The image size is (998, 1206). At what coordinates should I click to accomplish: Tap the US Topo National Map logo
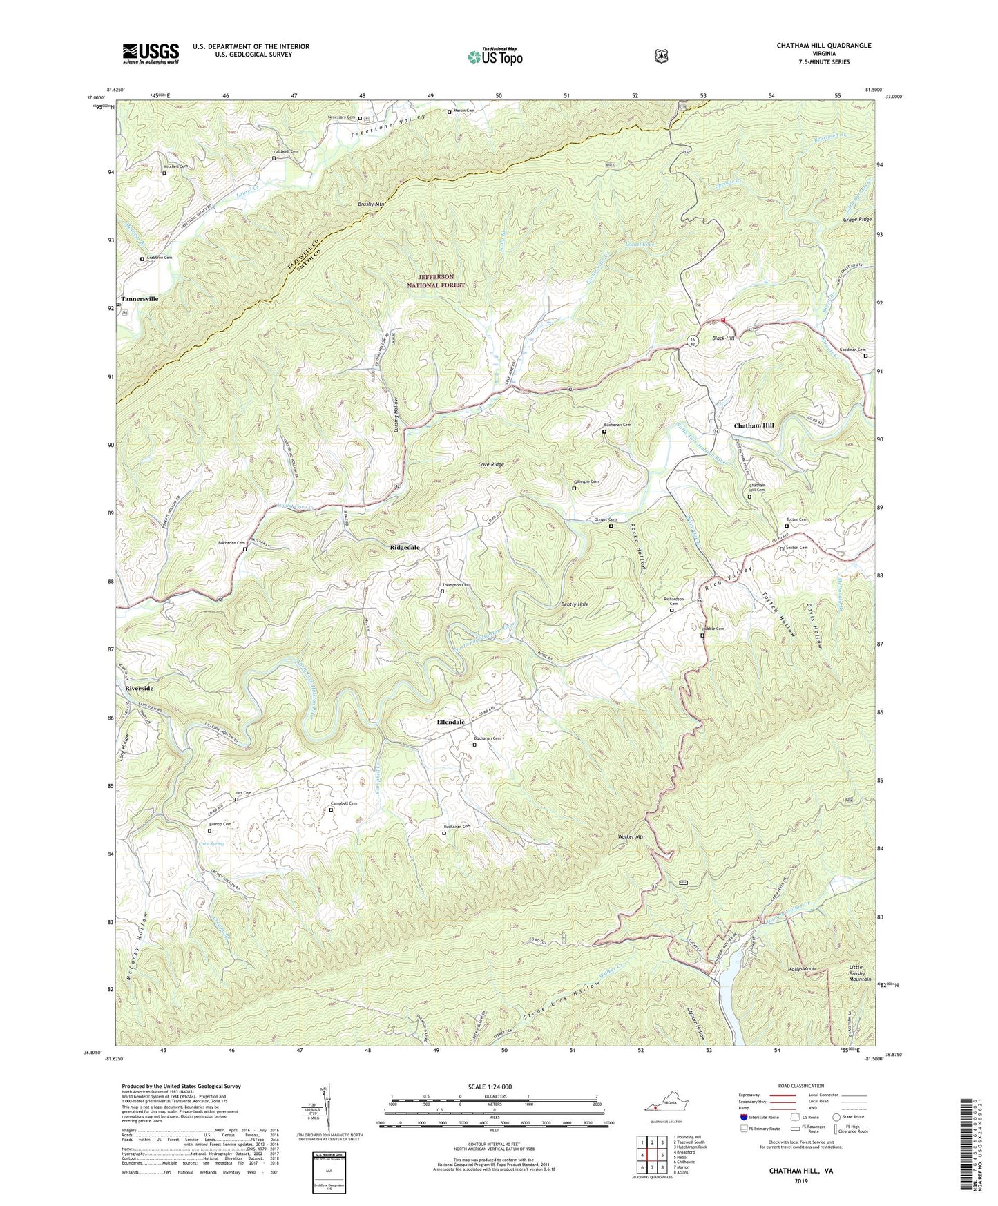tap(495, 57)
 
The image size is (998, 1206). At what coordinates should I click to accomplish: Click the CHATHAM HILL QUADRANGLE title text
tap(823, 46)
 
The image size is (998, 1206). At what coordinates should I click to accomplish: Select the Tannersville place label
tap(140, 299)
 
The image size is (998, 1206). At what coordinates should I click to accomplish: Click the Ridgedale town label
tap(405, 547)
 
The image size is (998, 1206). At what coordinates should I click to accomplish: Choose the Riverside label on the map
tap(140, 689)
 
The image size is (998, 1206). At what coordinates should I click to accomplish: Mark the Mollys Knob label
tap(801, 969)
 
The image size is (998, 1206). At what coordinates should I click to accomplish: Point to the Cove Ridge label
tap(490, 465)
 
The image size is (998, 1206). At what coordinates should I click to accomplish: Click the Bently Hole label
tap(574, 604)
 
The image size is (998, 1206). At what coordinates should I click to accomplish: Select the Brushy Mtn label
tap(372, 204)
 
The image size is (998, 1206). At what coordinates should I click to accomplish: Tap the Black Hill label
tap(723, 338)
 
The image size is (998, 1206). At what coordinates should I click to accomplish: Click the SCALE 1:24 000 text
tap(490, 1087)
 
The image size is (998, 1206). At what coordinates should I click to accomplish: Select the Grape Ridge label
tap(856, 220)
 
